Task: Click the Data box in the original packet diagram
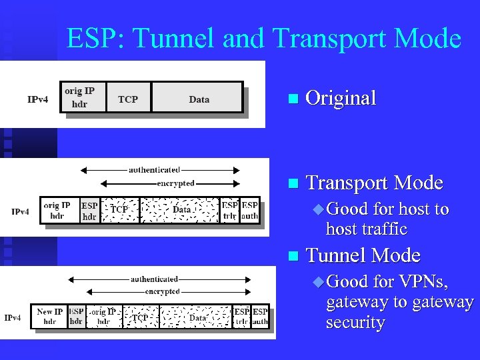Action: coord(198,99)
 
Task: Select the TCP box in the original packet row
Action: coord(128,99)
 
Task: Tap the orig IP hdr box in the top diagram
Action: coord(79,97)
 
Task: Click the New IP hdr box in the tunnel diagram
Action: coord(49,316)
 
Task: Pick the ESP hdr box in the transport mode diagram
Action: coord(89,211)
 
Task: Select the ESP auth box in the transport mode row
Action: coord(250,211)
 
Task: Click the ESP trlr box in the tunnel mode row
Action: coord(242,316)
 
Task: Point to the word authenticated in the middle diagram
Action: coord(154,169)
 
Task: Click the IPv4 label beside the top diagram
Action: coord(37,99)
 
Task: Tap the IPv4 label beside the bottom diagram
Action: coord(13,317)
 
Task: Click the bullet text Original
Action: coord(340,98)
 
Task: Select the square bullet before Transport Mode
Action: coord(290,183)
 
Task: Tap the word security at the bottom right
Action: coord(355,323)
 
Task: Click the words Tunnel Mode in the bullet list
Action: coord(362,255)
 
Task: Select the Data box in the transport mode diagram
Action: coord(181,209)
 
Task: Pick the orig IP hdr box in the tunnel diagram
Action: coord(103,316)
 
